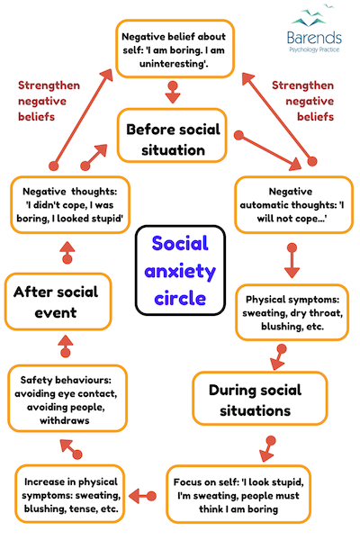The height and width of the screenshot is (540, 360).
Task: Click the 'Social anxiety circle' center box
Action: coord(180,270)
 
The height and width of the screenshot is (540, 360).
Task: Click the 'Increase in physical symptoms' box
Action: coord(69,494)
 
